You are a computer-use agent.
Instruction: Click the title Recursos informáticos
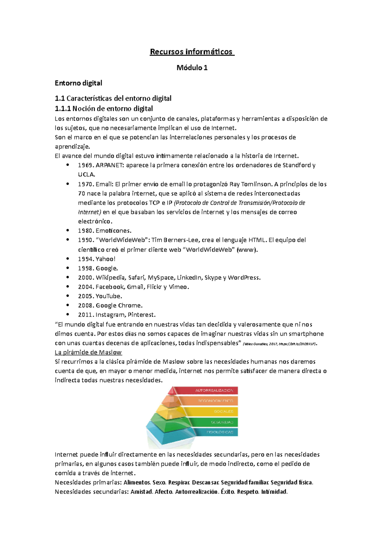(x=192, y=52)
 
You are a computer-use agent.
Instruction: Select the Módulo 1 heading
(x=192, y=68)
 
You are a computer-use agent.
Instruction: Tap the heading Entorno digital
(x=78, y=83)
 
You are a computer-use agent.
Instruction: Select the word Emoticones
(x=114, y=231)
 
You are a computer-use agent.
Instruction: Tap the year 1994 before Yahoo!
(x=85, y=259)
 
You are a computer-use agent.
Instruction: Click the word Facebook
(x=110, y=287)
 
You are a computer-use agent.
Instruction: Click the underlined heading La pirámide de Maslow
(x=88, y=352)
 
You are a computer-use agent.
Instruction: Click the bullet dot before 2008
(x=68, y=305)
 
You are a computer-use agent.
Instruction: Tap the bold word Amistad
(x=141, y=492)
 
